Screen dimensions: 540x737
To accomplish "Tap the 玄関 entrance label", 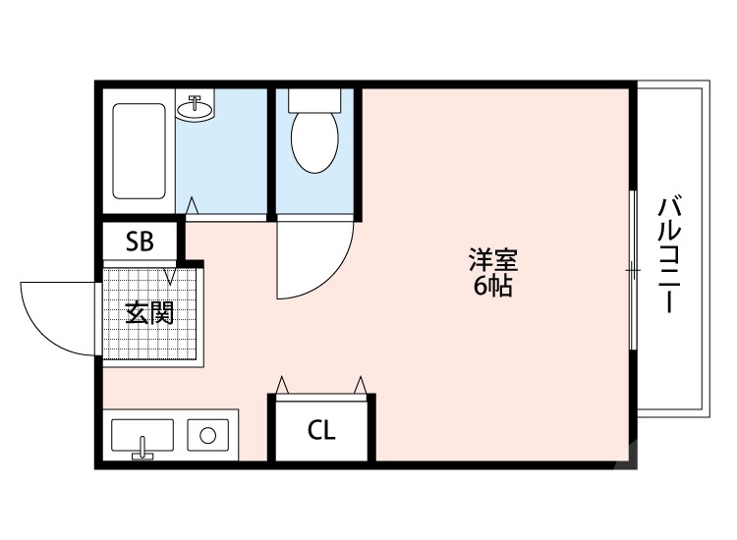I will click(x=149, y=314).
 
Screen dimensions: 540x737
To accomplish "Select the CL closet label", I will click(x=321, y=430).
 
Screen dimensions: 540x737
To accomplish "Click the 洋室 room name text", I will click(x=492, y=262).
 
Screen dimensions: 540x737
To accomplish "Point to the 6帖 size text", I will click(x=492, y=288).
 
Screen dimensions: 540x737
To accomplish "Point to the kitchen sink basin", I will click(x=142, y=433).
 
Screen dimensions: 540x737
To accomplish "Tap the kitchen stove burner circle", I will click(x=208, y=434).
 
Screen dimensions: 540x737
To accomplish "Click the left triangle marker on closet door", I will click(x=283, y=383).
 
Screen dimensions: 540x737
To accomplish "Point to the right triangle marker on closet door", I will click(x=361, y=383).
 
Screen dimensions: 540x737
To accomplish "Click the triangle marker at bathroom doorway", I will click(x=193, y=205).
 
